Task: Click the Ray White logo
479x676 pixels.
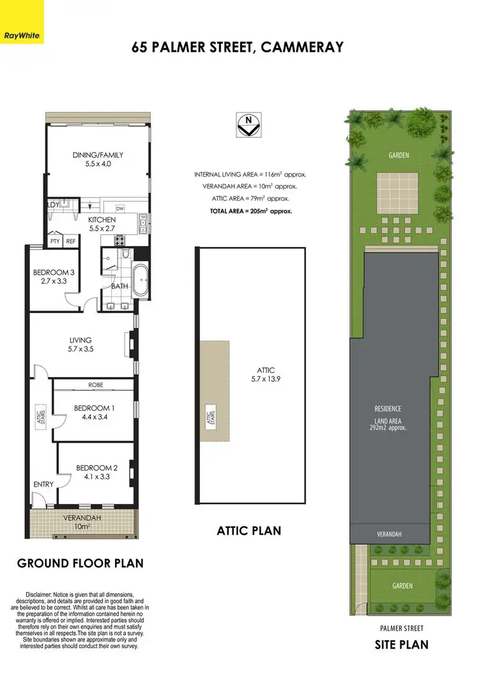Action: (x=22, y=22)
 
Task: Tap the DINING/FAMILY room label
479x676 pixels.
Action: (x=98, y=159)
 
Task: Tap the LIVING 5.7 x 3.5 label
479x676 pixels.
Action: (x=80, y=344)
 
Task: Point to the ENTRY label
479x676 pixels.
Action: (x=43, y=484)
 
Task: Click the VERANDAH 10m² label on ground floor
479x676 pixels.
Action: (x=80, y=521)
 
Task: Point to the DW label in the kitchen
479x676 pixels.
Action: (x=119, y=208)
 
